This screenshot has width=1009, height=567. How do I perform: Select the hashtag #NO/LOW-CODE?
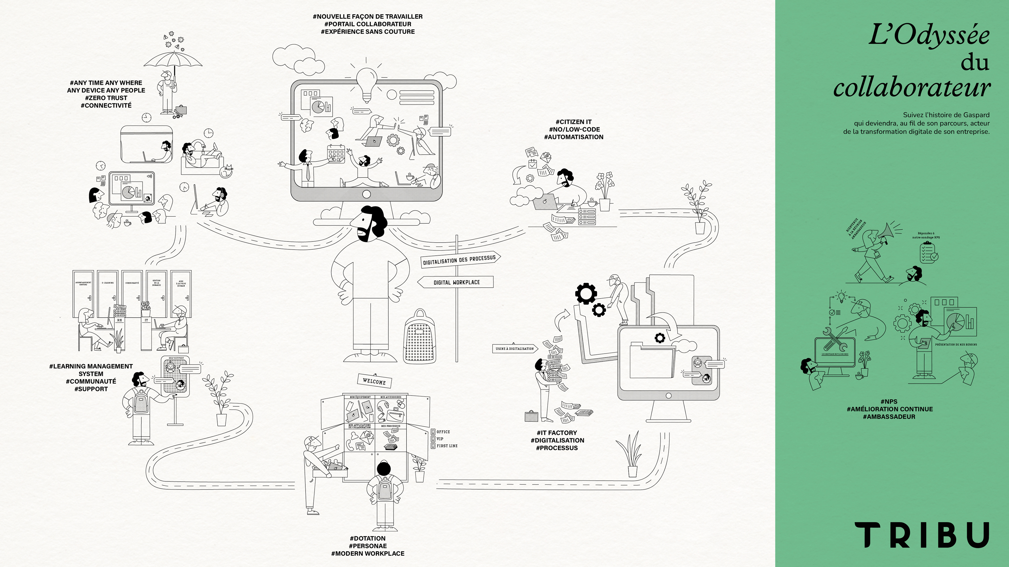click(574, 129)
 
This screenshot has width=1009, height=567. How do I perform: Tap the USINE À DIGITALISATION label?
click(514, 349)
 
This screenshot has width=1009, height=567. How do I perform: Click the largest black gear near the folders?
click(586, 293)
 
